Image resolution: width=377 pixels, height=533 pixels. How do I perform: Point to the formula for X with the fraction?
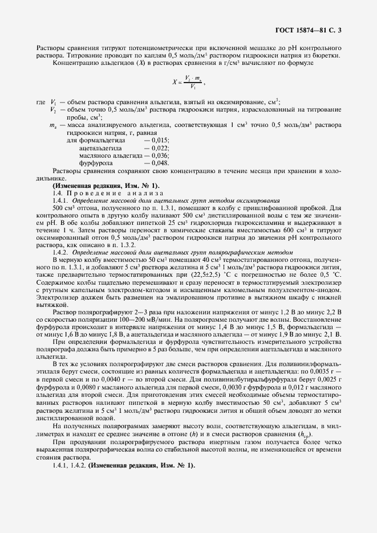pyautogui.click(x=190, y=84)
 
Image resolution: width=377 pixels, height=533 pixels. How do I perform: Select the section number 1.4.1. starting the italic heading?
pyautogui.click(x=60, y=201)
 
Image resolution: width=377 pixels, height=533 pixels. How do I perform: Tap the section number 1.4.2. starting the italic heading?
pyautogui.click(x=60, y=251)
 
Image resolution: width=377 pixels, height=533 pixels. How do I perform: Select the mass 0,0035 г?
pyautogui.click(x=340, y=370)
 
